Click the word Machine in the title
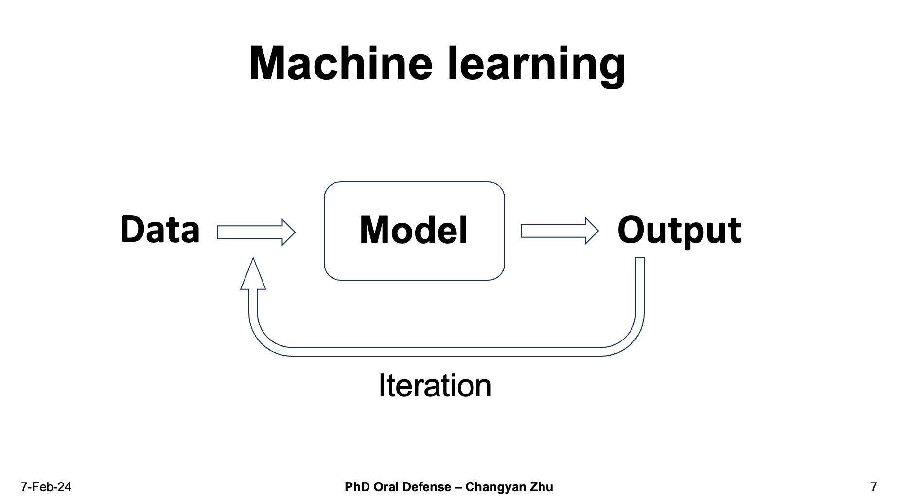click(x=341, y=63)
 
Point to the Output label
click(x=679, y=231)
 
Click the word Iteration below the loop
click(x=435, y=386)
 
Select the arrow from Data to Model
click(x=256, y=232)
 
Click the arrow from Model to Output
click(x=560, y=231)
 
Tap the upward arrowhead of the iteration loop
click(x=253, y=273)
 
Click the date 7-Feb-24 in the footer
click(x=46, y=487)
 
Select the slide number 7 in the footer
click(x=874, y=487)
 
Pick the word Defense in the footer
click(x=429, y=487)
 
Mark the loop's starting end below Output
click(x=640, y=258)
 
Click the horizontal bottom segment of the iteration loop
click(x=446, y=352)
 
